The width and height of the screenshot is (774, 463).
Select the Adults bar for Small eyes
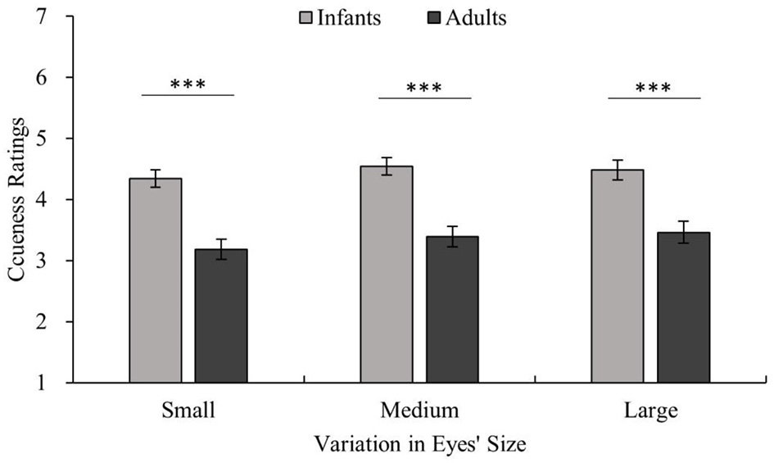point(220,315)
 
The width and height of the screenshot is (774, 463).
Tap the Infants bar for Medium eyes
point(387,275)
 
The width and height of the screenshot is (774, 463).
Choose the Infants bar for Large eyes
point(618,276)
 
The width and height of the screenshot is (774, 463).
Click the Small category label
point(189,409)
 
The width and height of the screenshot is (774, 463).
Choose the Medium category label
point(420,409)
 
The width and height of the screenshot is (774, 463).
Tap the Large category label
point(650,409)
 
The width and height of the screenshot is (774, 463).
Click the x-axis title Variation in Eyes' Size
point(420,445)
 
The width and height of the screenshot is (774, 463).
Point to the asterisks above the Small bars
point(188,84)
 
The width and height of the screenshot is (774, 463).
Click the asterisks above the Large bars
point(654,86)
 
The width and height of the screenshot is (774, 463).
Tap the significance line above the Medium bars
point(425,98)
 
